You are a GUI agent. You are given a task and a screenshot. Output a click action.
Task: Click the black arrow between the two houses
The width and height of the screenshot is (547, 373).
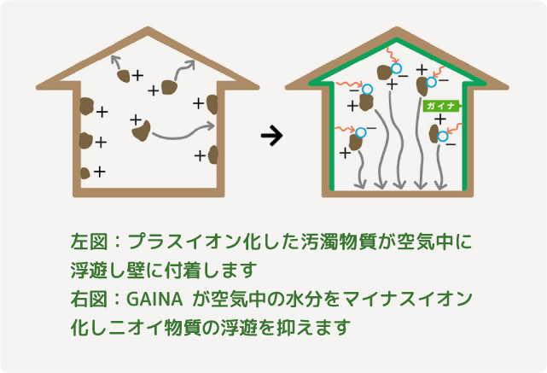click(x=271, y=135)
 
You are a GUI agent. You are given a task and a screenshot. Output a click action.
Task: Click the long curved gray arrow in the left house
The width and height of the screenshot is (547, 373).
click(x=182, y=131)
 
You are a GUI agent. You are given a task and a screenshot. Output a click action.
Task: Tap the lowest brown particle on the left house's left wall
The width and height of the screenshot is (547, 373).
click(x=85, y=173)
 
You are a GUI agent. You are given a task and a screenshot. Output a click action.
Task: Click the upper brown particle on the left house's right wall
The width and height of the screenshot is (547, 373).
click(x=212, y=104)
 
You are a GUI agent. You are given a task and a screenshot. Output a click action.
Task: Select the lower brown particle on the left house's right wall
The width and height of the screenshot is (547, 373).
click(x=213, y=154)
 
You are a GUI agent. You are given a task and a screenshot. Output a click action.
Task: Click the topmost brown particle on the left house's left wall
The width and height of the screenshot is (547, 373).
click(x=86, y=108)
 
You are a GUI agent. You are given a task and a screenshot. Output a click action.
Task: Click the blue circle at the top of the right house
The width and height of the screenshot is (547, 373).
click(x=396, y=68)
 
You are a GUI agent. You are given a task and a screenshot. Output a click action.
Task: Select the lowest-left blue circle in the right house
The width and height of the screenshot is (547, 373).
click(x=361, y=132)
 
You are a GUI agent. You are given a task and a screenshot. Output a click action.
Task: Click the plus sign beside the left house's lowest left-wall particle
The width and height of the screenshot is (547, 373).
click(x=100, y=172)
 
